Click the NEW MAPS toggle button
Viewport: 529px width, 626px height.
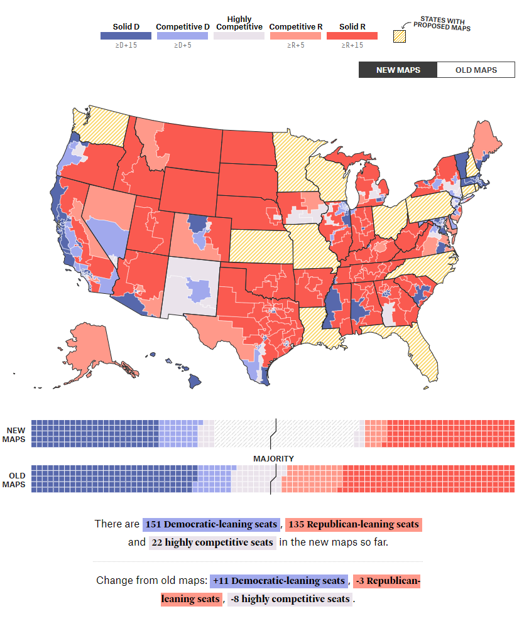tap(398, 70)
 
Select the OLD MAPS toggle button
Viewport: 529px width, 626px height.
tap(476, 70)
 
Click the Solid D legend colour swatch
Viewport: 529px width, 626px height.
tap(126, 36)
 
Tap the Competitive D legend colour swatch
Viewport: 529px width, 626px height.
tap(183, 36)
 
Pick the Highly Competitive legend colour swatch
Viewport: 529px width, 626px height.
tap(239, 36)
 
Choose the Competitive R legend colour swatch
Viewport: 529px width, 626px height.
tap(295, 36)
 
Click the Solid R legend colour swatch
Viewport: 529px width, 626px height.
tap(352, 36)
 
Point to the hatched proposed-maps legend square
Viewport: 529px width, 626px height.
tap(400, 36)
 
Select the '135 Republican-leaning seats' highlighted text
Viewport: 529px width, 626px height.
tap(352, 524)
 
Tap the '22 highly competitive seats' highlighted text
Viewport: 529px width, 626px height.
tap(212, 542)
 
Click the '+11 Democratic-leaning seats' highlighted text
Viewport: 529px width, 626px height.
tap(279, 581)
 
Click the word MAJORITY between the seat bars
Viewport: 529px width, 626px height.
tap(273, 459)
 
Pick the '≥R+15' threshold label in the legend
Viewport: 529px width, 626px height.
tap(352, 46)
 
